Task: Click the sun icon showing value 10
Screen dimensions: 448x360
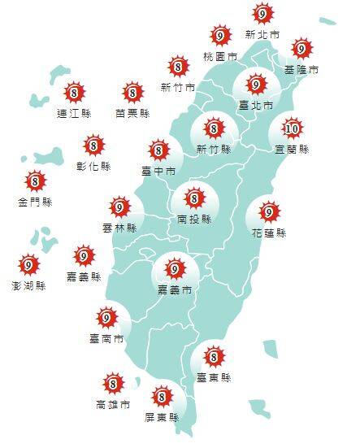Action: point(293,128)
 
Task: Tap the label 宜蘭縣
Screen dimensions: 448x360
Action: point(293,150)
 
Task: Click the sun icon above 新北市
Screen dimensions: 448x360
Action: point(262,14)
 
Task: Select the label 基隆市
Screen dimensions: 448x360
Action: point(302,70)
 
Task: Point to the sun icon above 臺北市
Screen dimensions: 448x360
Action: point(255,84)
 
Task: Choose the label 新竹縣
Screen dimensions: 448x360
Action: point(215,150)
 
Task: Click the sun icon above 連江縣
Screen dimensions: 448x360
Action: point(74,92)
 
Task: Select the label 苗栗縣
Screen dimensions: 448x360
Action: point(132,113)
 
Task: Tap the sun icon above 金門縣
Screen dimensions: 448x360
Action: point(35,181)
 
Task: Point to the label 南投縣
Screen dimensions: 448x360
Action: point(194,219)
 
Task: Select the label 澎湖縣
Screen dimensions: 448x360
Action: point(29,285)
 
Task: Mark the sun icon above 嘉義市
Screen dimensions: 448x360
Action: point(174,268)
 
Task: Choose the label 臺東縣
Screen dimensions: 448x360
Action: point(215,378)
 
